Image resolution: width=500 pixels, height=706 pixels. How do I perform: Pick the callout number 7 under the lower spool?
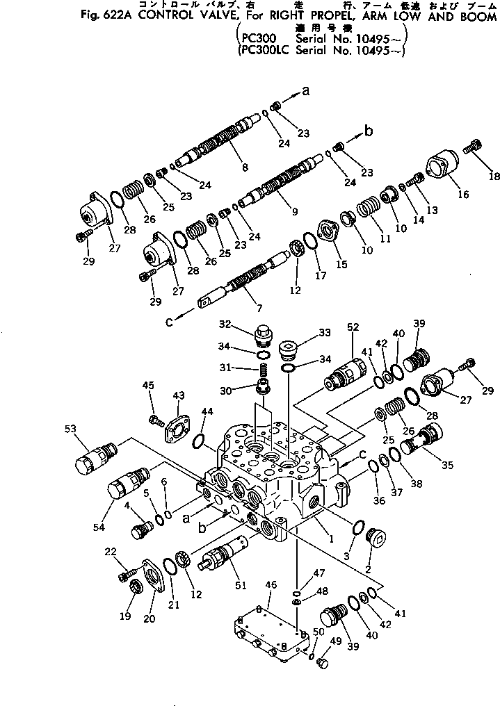(241, 306)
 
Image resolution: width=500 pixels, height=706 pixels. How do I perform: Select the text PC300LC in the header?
(264, 50)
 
